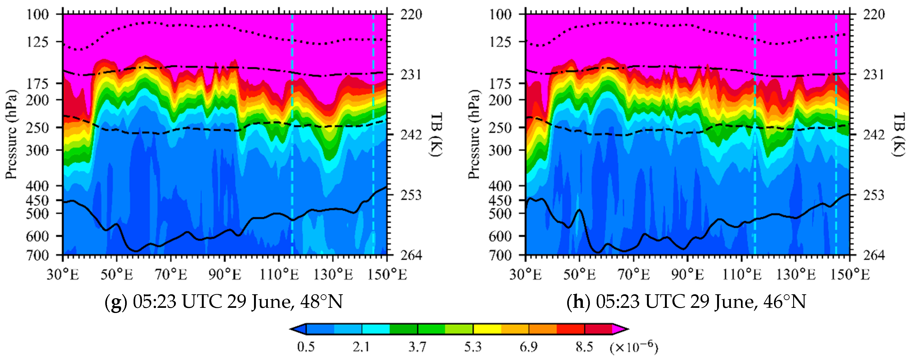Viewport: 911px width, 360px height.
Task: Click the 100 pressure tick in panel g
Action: pyautogui.click(x=37, y=15)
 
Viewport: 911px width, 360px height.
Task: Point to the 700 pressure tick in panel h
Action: pyautogui.click(x=500, y=255)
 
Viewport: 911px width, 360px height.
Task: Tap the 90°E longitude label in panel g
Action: pyautogui.click(x=225, y=274)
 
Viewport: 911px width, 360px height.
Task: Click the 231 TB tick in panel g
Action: pyautogui.click(x=411, y=75)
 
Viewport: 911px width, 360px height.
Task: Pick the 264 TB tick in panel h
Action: pyautogui.click(x=874, y=255)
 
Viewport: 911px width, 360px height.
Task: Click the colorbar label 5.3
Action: pyautogui.click(x=473, y=347)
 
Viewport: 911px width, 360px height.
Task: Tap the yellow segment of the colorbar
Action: pyautogui.click(x=487, y=329)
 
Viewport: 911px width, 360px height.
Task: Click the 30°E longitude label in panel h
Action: pyautogui.click(x=526, y=274)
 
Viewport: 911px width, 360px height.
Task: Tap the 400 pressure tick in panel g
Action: pyautogui.click(x=37, y=186)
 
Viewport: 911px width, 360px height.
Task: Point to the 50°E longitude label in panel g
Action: pyautogui.click(x=117, y=274)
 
